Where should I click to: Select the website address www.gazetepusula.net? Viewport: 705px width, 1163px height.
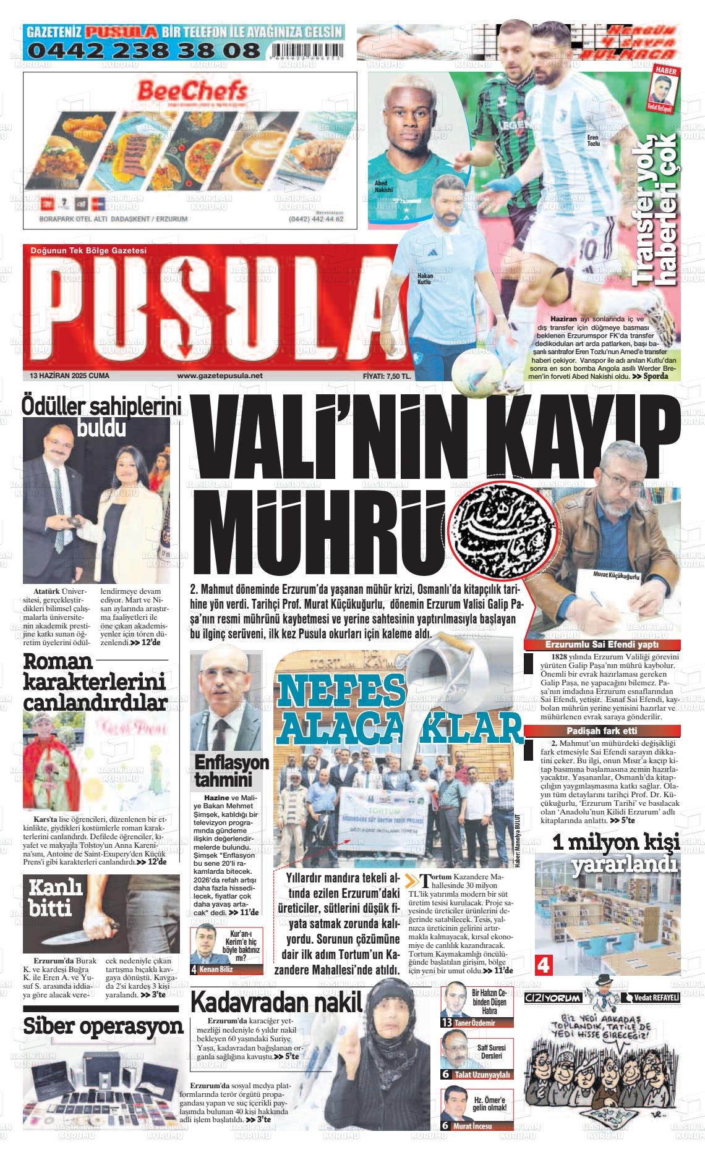(220, 375)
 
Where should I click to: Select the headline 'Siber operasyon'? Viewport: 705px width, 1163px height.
(103, 1025)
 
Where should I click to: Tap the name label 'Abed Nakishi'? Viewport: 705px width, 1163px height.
(383, 187)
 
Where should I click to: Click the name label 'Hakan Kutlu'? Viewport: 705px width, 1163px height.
(424, 278)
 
